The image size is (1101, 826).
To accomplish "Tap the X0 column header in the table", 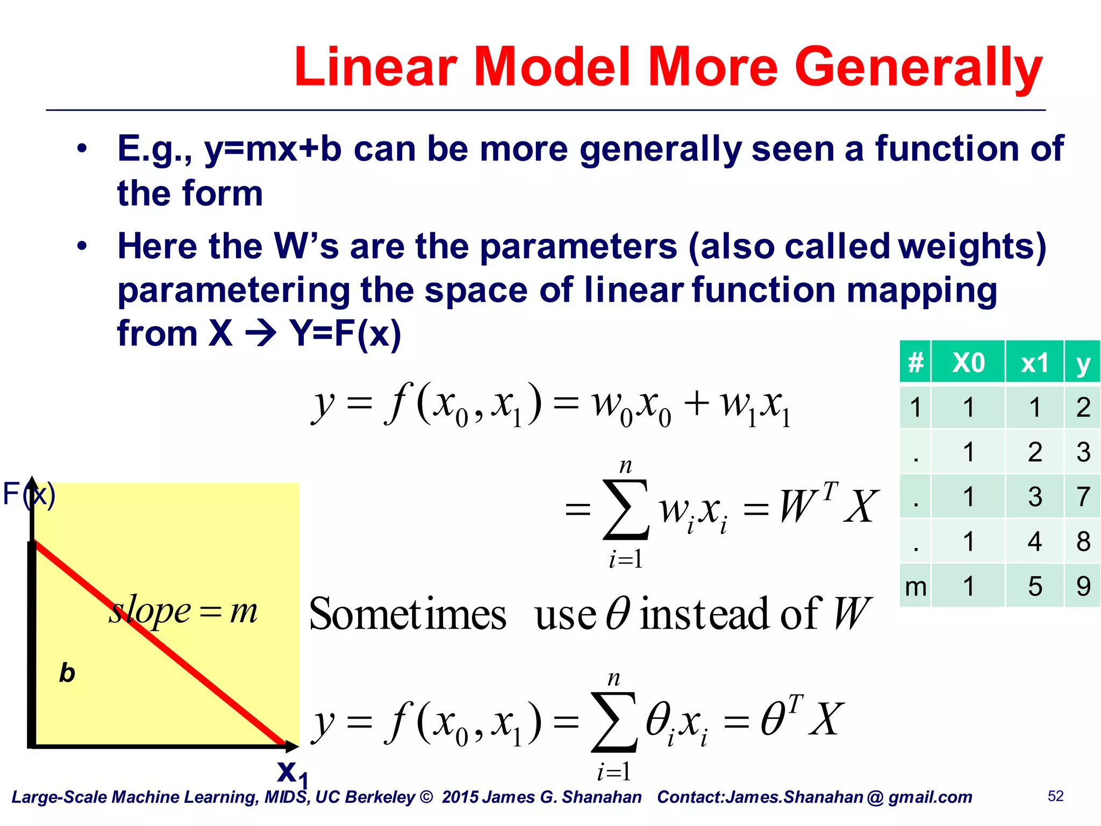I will click(968, 362).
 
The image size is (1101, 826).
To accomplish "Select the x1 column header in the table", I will click(1034, 362).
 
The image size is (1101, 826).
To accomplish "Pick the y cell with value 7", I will click(1083, 496).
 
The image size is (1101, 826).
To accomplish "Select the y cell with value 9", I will click(1083, 586).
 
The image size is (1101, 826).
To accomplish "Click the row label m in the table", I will click(915, 586).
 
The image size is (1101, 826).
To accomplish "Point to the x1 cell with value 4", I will click(1034, 541).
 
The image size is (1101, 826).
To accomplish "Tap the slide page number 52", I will click(1055, 796).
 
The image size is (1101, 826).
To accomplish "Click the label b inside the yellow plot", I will click(67, 673).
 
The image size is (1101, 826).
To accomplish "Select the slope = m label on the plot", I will click(183, 611).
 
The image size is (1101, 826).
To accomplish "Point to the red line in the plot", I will click(161, 645).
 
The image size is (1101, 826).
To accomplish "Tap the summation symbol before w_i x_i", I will click(625, 509).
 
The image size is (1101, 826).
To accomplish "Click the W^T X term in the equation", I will click(828, 505).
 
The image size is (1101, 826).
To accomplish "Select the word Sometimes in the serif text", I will click(407, 614).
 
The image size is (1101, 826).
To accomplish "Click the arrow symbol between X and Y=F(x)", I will click(261, 334).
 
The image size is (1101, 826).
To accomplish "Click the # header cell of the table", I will click(915, 362).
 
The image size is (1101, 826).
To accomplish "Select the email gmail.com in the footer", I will click(930, 797).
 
